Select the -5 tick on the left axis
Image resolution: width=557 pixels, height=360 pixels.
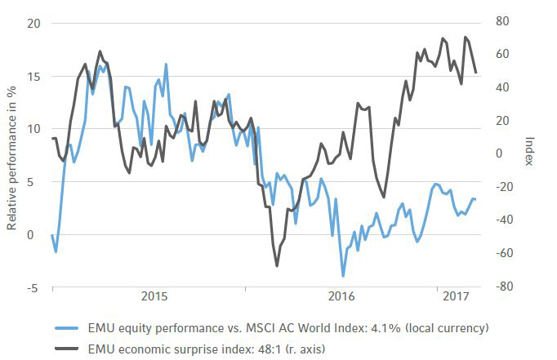31,287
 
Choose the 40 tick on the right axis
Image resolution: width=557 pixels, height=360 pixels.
502,87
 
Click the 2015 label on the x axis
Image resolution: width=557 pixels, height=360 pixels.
154,296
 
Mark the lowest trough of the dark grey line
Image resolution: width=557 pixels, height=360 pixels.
277,266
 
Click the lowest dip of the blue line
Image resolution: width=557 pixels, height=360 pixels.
344,276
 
